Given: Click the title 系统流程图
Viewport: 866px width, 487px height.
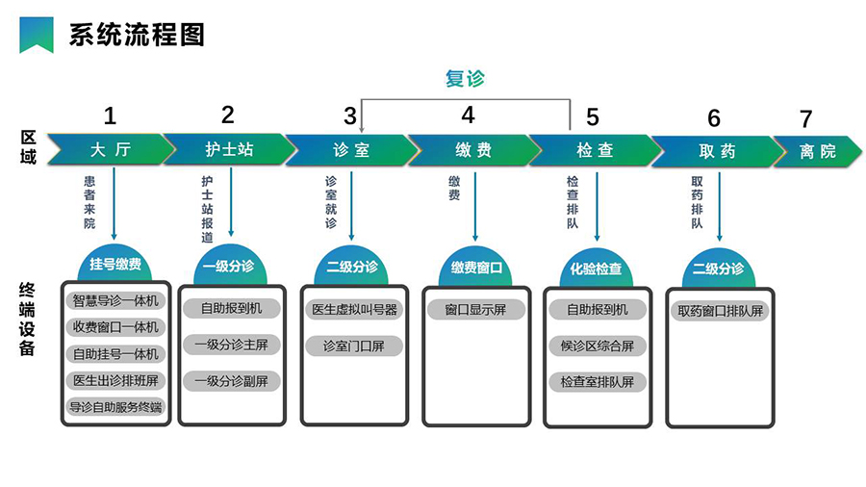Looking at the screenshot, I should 137,35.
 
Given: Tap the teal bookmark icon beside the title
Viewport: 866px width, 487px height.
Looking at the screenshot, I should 37,36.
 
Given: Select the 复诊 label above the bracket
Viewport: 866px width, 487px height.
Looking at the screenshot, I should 465,79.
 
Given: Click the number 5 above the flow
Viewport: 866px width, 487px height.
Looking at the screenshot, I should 592,117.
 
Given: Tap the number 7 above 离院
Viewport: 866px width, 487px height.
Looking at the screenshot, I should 805,119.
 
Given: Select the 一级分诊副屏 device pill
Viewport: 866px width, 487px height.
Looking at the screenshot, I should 231,380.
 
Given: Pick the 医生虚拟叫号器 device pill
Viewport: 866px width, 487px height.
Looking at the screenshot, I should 353,310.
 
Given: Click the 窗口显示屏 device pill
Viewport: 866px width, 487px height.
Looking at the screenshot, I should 475,310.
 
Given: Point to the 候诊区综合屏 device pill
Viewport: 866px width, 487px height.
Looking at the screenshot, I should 597,346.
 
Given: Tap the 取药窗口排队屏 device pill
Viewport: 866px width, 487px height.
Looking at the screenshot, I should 720,311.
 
